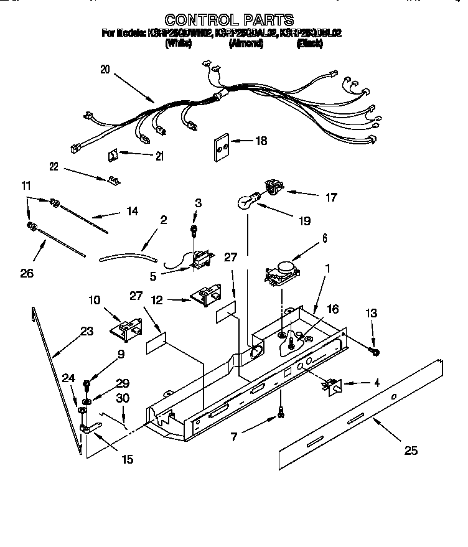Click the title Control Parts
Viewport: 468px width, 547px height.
tap(228, 20)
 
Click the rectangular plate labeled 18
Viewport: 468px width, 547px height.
tap(219, 147)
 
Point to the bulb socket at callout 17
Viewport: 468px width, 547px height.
tap(273, 185)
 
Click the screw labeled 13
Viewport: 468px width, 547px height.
tap(375, 352)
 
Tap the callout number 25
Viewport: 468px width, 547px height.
tap(411, 451)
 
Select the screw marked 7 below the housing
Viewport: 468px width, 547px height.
tap(281, 412)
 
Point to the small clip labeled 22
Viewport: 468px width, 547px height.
tap(113, 180)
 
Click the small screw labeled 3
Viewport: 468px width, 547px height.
tap(194, 230)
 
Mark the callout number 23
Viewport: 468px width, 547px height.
tap(87, 332)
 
